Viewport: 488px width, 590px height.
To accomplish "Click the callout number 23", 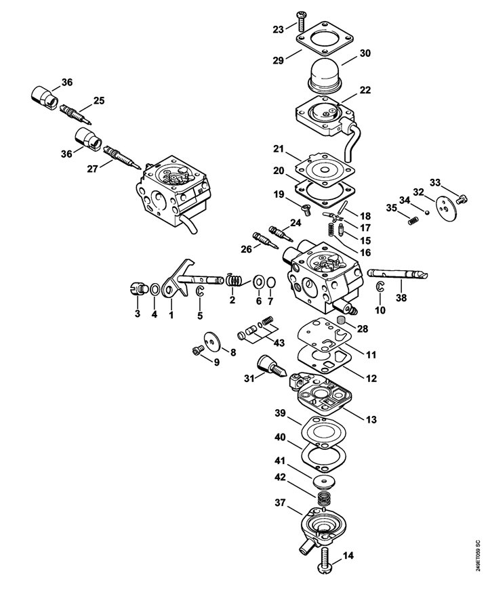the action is click(x=279, y=29).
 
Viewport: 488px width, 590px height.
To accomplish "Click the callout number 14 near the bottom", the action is click(x=348, y=555).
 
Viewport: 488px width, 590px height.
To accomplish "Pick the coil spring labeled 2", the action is click(x=234, y=280).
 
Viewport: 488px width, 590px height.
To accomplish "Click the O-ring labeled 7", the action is click(x=270, y=282).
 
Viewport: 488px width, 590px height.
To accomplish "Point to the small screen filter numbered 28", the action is click(x=341, y=322).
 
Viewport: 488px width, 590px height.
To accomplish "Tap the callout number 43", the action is click(x=279, y=343).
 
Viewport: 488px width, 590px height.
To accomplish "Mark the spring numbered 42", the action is click(x=323, y=500).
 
